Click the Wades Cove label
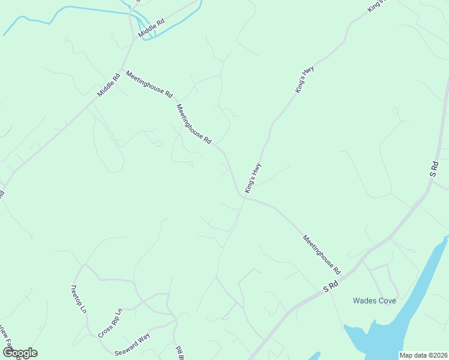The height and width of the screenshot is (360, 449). [374, 301]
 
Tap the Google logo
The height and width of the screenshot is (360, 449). [20, 353]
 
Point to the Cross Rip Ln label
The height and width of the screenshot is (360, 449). [110, 322]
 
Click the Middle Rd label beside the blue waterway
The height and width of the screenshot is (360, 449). [151, 29]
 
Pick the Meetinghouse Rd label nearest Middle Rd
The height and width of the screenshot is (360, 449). [149, 84]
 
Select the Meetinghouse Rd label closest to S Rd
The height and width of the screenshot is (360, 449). [321, 254]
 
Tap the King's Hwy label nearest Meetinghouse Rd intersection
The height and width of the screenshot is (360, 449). [253, 178]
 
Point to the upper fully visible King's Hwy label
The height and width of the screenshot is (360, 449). [304, 79]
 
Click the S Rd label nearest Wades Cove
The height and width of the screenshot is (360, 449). [331, 286]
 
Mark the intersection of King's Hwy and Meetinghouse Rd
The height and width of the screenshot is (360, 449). [244, 197]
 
